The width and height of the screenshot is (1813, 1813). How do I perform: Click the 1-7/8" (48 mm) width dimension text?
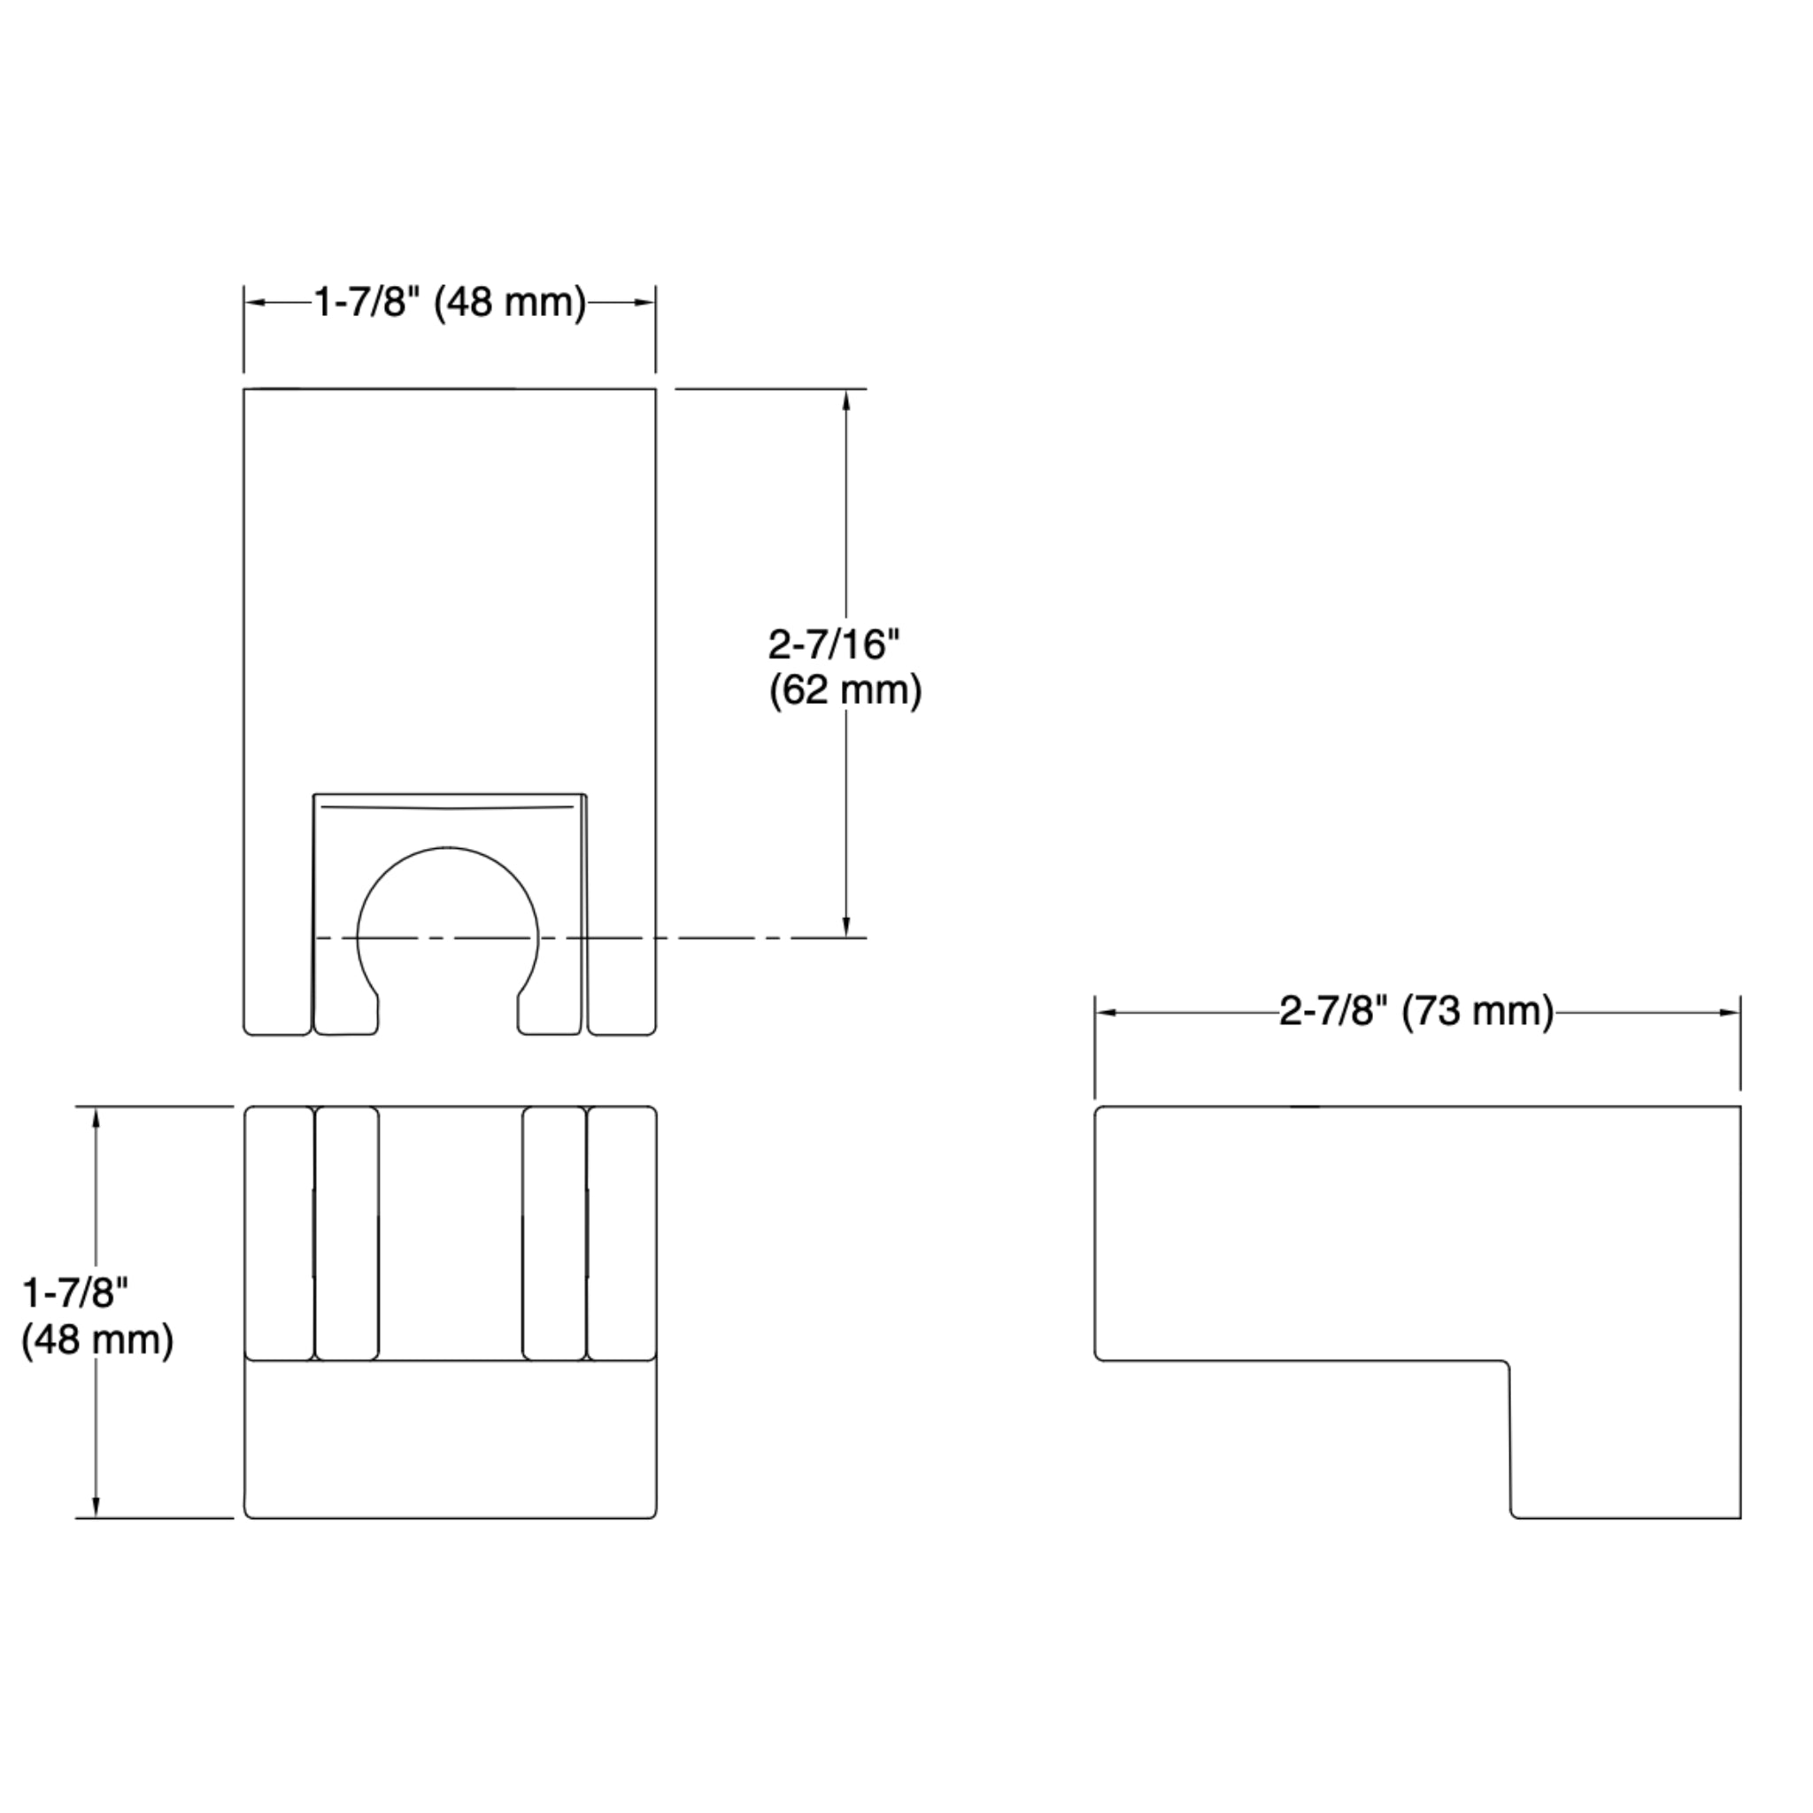pyautogui.click(x=450, y=303)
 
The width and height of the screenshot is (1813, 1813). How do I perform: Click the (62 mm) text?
pyautogui.click(x=845, y=690)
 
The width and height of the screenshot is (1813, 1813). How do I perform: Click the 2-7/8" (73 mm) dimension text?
pyautogui.click(x=1416, y=1012)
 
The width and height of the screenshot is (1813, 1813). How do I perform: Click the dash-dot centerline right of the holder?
pyautogui.click(x=751, y=937)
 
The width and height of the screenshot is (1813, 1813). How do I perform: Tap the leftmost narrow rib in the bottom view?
pyautogui.click(x=279, y=1232)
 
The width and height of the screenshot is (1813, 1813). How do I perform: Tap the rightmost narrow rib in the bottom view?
pyautogui.click(x=622, y=1232)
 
